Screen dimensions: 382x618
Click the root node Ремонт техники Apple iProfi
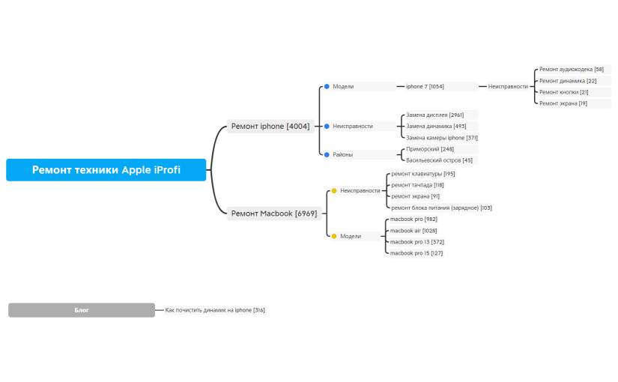(106, 170)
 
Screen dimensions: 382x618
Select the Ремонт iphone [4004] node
(270, 126)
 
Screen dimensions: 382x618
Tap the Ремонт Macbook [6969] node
(273, 213)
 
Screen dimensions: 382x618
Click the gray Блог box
(82, 310)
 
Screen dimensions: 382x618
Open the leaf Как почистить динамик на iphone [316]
(215, 310)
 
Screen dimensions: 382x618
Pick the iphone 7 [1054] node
(425, 86)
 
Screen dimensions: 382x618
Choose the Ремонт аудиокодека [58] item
(571, 69)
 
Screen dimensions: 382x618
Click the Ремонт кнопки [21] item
(563, 92)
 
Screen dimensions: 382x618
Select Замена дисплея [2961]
(434, 115)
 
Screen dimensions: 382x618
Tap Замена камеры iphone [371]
(441, 138)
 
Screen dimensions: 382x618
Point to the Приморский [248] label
(430, 149)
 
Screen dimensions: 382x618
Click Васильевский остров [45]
(439, 160)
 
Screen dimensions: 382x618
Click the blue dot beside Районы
(327, 154)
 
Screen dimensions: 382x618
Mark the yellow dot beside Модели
(334, 236)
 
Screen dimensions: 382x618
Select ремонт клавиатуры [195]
(422, 174)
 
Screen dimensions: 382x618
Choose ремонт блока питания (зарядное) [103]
(441, 207)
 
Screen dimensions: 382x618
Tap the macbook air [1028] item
(413, 231)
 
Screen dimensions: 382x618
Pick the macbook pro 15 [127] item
(416, 253)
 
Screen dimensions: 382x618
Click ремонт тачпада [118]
(417, 185)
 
